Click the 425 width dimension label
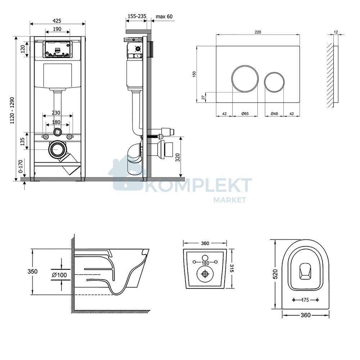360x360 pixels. (x=57, y=21)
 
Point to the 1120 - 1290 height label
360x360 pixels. (x=12, y=111)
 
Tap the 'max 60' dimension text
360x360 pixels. (x=164, y=17)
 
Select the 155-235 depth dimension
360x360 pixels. (x=137, y=16)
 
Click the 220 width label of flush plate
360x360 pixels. (x=258, y=32)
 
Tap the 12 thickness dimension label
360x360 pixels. (x=336, y=32)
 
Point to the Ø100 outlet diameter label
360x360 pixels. (x=59, y=275)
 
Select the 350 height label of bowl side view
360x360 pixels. (x=32, y=271)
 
